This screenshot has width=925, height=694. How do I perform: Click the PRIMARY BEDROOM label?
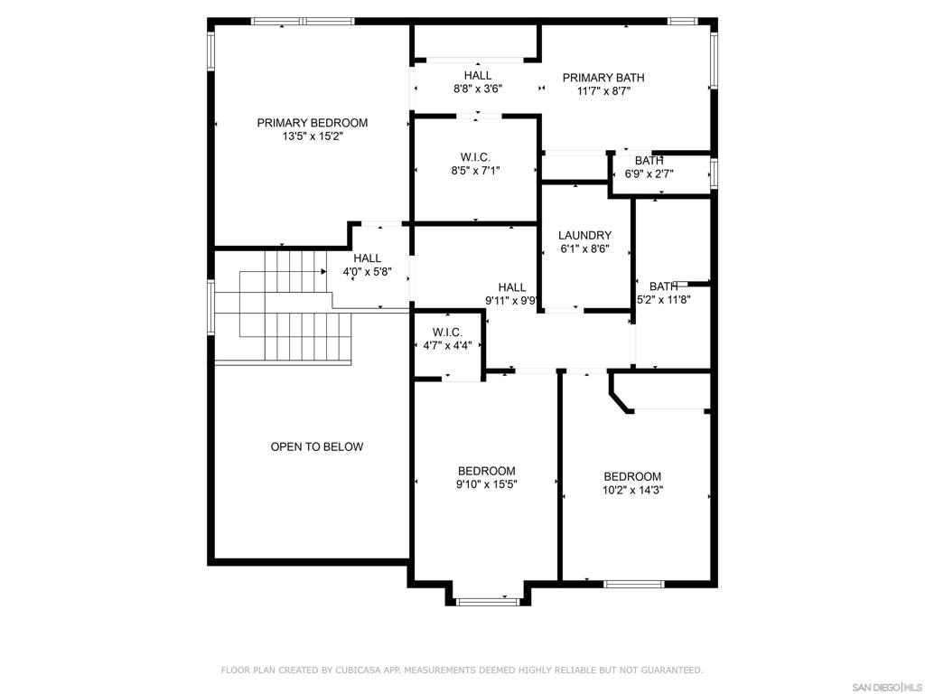pos(312,123)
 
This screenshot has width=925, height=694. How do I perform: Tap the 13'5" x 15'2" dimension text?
pos(312,136)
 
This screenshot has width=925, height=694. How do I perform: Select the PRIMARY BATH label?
pos(603,78)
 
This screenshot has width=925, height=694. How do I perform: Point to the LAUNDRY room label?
pos(584,235)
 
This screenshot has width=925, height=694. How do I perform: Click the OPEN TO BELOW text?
pos(317,446)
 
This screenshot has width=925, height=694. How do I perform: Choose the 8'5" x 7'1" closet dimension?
pos(475,171)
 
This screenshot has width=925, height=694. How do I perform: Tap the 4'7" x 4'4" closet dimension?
pos(447,345)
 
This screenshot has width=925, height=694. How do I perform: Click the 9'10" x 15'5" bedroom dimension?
pos(487,484)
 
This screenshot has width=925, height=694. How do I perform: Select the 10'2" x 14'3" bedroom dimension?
pos(632,490)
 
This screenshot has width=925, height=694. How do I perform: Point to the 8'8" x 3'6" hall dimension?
pos(478,89)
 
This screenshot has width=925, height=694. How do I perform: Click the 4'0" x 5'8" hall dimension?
pos(368,271)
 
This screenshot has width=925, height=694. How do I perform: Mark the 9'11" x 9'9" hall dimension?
pos(511,300)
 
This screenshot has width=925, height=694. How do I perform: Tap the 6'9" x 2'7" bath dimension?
pos(649,174)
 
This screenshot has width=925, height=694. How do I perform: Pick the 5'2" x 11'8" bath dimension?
pos(664,299)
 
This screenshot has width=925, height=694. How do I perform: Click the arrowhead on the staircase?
pos(324,271)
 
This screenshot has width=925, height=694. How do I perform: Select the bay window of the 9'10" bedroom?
pos(489,602)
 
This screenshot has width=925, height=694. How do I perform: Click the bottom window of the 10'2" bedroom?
pos(633,585)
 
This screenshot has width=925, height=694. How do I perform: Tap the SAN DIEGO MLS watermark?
pos(889,687)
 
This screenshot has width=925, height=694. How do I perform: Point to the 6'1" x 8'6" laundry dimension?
pos(584,249)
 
